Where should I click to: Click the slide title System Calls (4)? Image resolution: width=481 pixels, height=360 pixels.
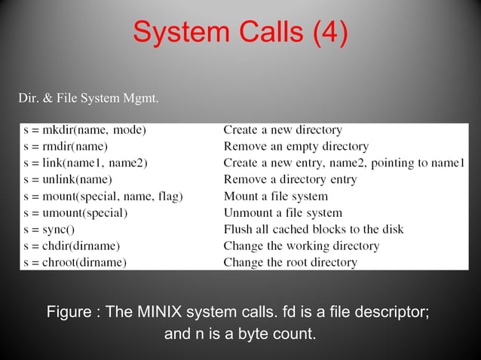tap(240, 32)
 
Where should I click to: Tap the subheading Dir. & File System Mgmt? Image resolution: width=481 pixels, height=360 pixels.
tap(87, 98)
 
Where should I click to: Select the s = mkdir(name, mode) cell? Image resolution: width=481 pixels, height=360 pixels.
tap(84, 130)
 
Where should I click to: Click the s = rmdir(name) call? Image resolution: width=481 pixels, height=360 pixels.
tap(66, 147)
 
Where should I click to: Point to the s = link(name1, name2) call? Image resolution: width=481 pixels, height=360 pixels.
tap(85, 163)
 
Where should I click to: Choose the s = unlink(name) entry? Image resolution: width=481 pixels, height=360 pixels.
tap(68, 179)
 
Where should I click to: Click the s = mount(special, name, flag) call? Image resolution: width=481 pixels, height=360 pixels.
tap(103, 196)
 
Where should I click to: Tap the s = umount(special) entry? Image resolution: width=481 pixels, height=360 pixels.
tap(75, 212)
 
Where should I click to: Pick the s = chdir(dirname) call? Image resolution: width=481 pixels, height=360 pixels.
tap(72, 246)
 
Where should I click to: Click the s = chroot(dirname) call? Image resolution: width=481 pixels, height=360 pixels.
tap(75, 262)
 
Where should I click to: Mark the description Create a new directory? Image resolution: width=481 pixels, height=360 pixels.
tap(283, 130)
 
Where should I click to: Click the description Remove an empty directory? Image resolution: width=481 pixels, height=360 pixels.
tap(296, 147)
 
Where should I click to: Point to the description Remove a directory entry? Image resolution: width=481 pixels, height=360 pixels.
tap(290, 179)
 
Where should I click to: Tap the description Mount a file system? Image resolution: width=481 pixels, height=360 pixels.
tap(275, 196)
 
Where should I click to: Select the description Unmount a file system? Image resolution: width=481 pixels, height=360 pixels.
tap(283, 212)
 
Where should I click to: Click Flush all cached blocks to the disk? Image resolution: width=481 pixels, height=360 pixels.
tap(314, 229)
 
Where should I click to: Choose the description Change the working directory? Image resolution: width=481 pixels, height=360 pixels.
tap(302, 246)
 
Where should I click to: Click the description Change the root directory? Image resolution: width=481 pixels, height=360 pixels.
tap(290, 262)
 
